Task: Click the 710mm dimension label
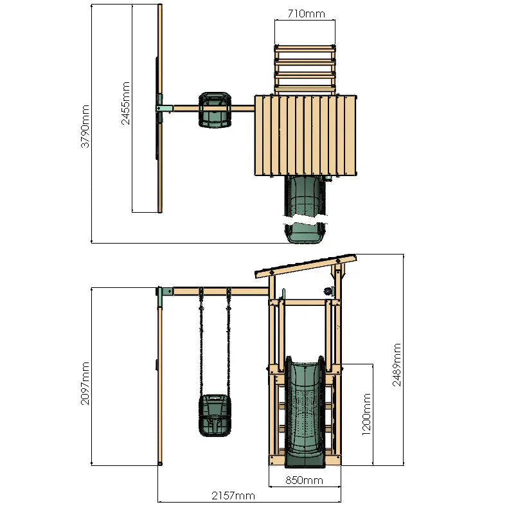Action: tap(305, 12)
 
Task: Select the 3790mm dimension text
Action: tap(85, 127)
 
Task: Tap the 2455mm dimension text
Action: tap(126, 103)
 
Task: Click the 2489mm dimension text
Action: tap(397, 364)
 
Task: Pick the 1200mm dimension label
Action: tap(366, 415)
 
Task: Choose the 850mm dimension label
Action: tap(305, 480)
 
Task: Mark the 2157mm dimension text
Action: tap(233, 496)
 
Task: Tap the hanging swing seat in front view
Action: tap(214, 415)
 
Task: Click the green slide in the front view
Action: tap(305, 411)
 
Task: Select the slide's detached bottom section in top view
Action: tap(305, 232)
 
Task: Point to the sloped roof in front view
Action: tap(305, 265)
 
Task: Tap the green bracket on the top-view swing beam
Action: tap(163, 109)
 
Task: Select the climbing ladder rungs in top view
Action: tap(305, 69)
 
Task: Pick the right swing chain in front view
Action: tap(227, 347)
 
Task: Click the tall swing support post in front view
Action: tap(160, 386)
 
